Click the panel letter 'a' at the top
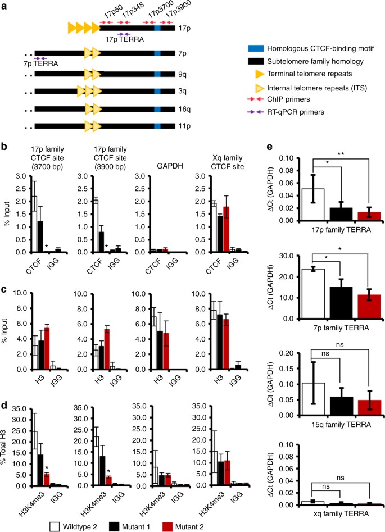(4, 5)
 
